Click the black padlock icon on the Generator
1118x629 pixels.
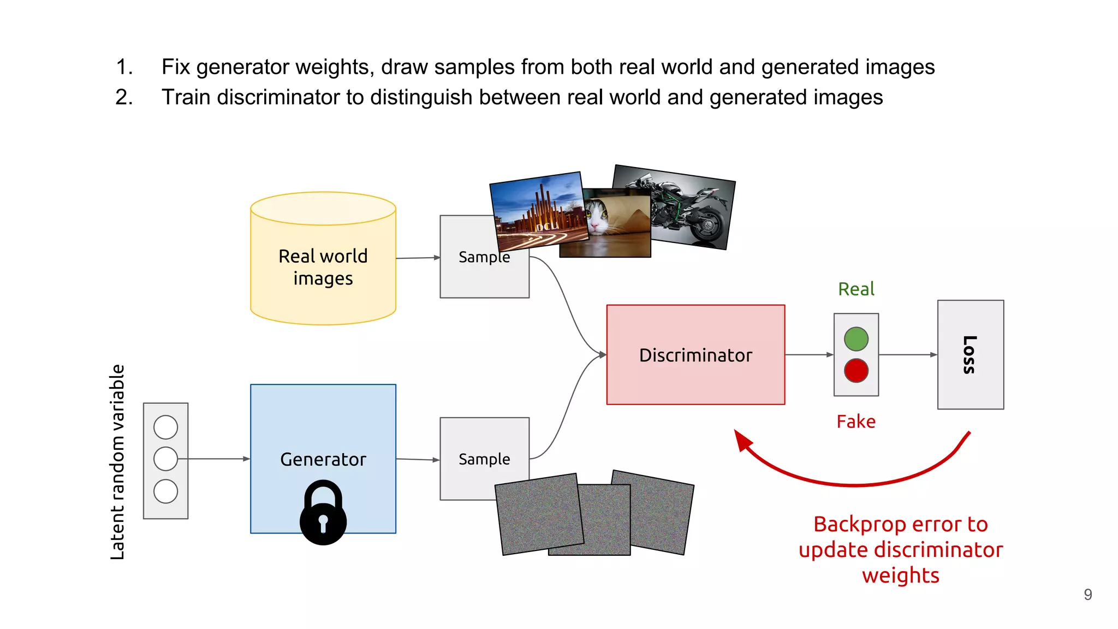(x=323, y=513)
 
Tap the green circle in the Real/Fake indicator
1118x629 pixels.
(x=856, y=339)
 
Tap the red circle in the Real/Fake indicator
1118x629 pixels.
(x=856, y=371)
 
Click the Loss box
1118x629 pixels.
(x=970, y=354)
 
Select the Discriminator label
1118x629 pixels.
(x=695, y=355)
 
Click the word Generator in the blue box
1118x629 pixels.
(x=323, y=460)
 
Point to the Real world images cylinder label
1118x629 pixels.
(x=323, y=267)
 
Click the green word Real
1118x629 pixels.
(x=856, y=289)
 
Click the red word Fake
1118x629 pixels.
(x=856, y=422)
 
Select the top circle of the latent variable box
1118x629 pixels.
(x=165, y=427)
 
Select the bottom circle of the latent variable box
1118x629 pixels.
(x=165, y=491)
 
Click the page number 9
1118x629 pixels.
(x=1087, y=595)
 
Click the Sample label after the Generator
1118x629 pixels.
(x=484, y=459)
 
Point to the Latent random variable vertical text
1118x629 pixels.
(x=117, y=462)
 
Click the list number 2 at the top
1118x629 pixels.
(x=124, y=97)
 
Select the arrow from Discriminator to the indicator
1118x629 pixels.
(x=809, y=355)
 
